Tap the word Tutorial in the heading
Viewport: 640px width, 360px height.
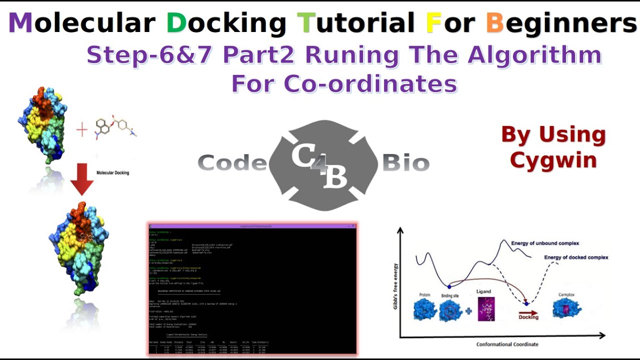click(x=355, y=23)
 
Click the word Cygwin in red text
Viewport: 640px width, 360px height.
click(x=553, y=160)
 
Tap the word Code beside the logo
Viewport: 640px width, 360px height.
click(x=232, y=163)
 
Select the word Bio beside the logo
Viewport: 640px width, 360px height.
click(x=405, y=163)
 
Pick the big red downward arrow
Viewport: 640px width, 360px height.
click(x=82, y=178)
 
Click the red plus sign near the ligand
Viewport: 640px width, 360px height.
click(x=81, y=130)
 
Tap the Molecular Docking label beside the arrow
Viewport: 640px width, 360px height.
click(x=112, y=173)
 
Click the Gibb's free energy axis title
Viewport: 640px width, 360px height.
click(x=395, y=285)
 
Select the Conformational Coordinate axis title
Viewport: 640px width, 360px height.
click(x=507, y=344)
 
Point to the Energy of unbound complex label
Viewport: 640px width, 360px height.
click(x=545, y=243)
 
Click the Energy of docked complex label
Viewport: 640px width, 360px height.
click(x=576, y=257)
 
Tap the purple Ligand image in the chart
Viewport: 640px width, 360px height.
click(x=486, y=309)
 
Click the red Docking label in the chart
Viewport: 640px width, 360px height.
click(x=528, y=317)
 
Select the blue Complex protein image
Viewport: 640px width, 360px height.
click(x=567, y=308)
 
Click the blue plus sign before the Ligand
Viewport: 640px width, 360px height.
click(x=468, y=311)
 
